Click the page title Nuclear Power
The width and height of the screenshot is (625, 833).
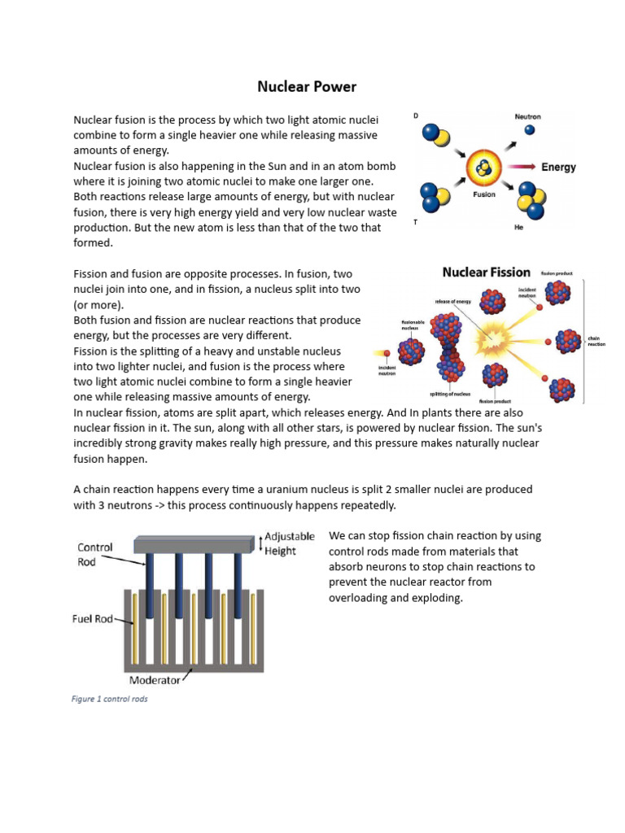[x=307, y=85]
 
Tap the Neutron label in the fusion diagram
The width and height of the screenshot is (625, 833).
[x=527, y=116]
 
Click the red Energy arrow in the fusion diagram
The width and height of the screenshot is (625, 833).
[x=519, y=168]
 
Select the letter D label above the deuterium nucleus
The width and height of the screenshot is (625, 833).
[x=417, y=116]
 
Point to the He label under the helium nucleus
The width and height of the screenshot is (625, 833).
[x=518, y=229]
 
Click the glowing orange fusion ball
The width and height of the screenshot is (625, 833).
[x=484, y=169]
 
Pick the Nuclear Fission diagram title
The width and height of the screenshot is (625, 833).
[x=486, y=273]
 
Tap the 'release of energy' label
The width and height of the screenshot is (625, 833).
[x=453, y=301]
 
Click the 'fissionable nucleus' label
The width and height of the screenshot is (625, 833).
[x=413, y=325]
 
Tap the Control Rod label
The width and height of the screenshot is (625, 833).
[x=94, y=554]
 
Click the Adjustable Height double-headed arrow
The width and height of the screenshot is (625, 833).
[x=260, y=543]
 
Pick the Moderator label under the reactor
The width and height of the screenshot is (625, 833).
[x=159, y=679]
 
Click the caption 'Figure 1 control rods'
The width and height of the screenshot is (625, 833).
[x=111, y=699]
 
